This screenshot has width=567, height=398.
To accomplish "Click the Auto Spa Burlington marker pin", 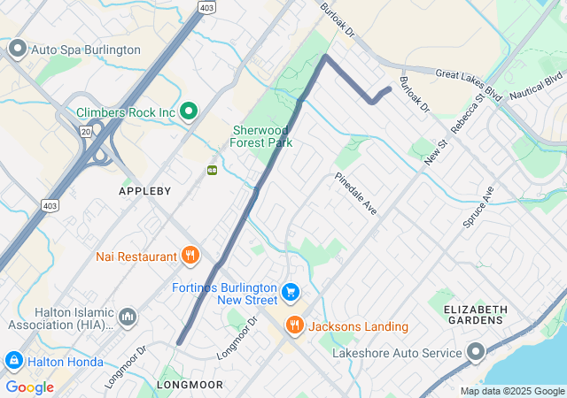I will (x=17, y=49).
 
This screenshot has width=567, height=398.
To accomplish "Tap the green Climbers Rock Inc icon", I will (x=188, y=111).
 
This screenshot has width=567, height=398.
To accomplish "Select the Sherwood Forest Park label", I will (x=261, y=135).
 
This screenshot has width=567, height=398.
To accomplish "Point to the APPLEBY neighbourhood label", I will (x=144, y=190).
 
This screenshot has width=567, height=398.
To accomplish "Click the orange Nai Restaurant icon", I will (x=190, y=256).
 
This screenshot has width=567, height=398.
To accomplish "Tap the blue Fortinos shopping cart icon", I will (x=290, y=292).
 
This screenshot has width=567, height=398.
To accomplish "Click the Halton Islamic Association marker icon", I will (x=128, y=317).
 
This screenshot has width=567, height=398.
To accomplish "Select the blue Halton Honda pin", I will (x=14, y=360).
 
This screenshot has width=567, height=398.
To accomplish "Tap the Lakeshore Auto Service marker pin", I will (x=477, y=352).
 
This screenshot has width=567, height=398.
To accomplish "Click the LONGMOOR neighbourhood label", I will (x=190, y=385).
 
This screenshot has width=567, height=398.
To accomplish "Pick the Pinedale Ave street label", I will (x=356, y=194).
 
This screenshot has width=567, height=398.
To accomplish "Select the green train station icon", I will (x=212, y=170).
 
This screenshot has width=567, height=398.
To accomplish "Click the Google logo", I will (x=29, y=387).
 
